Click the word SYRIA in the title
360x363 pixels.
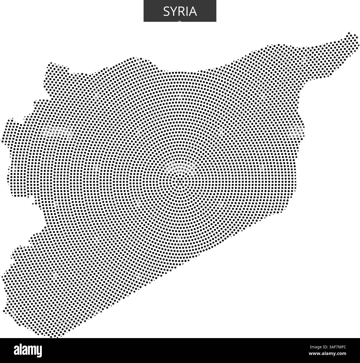click(180, 11)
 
